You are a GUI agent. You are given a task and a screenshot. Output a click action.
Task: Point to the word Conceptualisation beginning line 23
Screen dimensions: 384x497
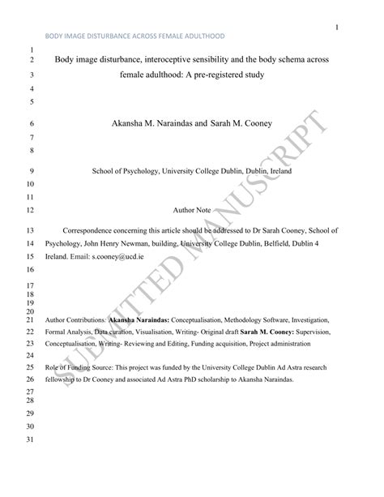point(77,343)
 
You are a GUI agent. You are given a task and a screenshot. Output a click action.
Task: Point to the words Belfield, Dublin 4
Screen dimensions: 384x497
point(296,243)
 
